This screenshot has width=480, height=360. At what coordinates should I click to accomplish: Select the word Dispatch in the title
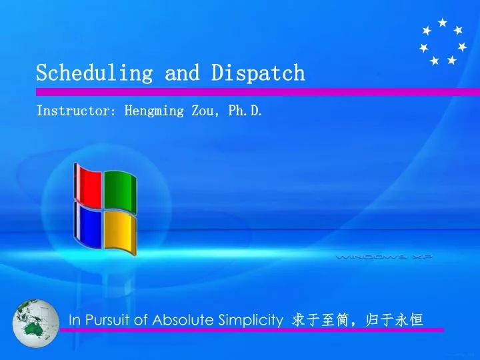(x=258, y=73)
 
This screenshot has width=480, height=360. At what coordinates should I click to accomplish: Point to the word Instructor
(x=73, y=111)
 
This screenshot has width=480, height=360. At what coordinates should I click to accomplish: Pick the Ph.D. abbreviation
(x=245, y=111)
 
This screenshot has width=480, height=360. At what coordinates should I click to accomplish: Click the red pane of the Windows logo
(x=88, y=183)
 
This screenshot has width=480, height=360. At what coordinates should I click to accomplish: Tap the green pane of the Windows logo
(x=120, y=192)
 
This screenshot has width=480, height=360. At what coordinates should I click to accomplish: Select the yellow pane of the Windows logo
(x=120, y=233)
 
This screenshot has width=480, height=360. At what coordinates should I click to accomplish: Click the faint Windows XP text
(x=384, y=256)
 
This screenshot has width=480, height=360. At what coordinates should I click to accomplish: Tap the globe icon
(x=36, y=323)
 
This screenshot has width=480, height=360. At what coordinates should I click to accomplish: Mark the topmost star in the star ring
(x=442, y=23)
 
